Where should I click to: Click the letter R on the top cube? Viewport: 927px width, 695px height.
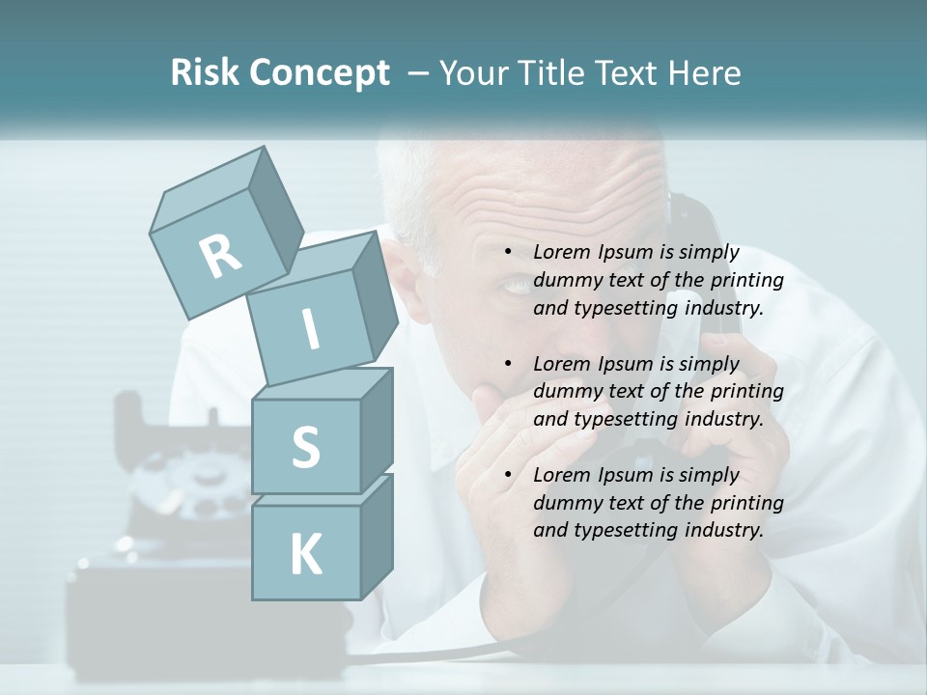220,256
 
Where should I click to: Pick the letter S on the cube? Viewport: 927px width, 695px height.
305,448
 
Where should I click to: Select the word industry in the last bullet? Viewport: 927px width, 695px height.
723,530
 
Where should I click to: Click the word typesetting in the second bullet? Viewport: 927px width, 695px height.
624,419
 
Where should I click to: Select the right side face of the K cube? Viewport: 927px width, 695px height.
376,536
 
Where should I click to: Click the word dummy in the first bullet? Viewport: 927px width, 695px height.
566,281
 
